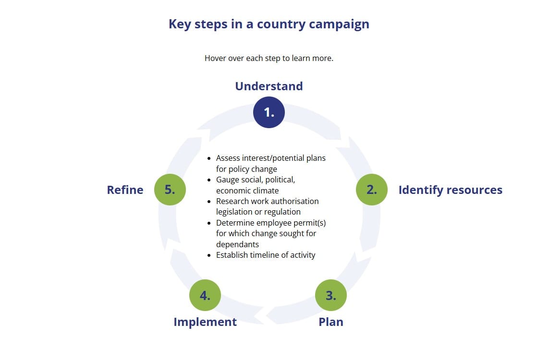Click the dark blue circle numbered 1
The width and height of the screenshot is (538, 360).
click(x=269, y=112)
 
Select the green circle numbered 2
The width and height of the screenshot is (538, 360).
click(x=372, y=190)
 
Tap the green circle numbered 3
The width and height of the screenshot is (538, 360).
click(x=331, y=295)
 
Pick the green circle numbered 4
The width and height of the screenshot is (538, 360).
click(x=205, y=295)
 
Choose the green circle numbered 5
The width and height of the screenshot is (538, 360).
click(x=170, y=190)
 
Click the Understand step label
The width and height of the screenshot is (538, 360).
click(x=269, y=86)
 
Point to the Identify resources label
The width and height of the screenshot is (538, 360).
click(x=450, y=190)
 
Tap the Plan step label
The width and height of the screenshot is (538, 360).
click(x=331, y=322)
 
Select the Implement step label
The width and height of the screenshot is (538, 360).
click(x=205, y=322)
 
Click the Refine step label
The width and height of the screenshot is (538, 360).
click(x=125, y=190)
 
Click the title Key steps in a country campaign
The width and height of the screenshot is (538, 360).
click(x=269, y=24)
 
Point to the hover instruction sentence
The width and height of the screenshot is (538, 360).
click(x=269, y=58)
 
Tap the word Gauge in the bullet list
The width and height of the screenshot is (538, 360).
click(x=227, y=180)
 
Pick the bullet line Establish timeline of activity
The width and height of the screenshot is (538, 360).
click(x=266, y=255)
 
